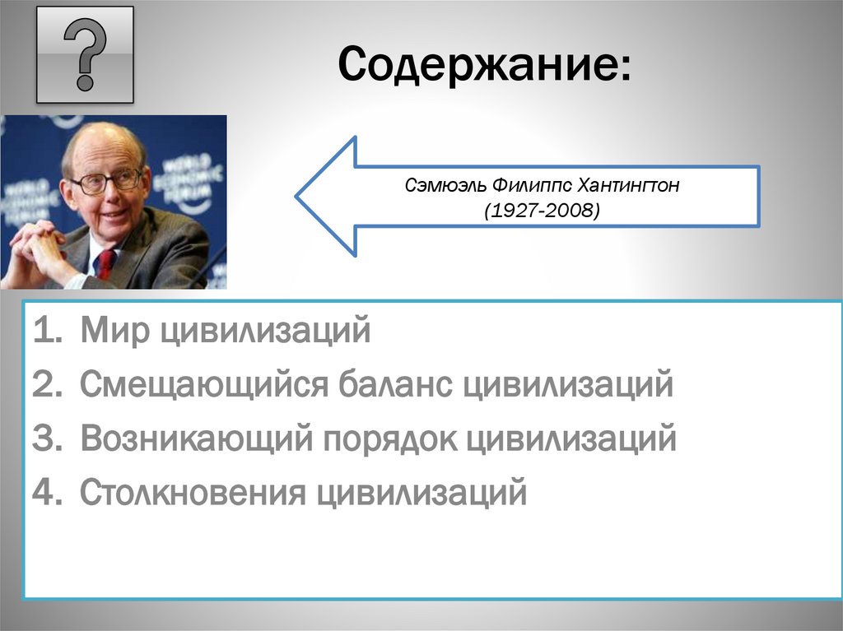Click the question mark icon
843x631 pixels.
(x=85, y=54)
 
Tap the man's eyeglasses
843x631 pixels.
(x=106, y=179)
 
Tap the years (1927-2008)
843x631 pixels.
(x=542, y=211)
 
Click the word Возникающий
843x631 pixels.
(x=197, y=439)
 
